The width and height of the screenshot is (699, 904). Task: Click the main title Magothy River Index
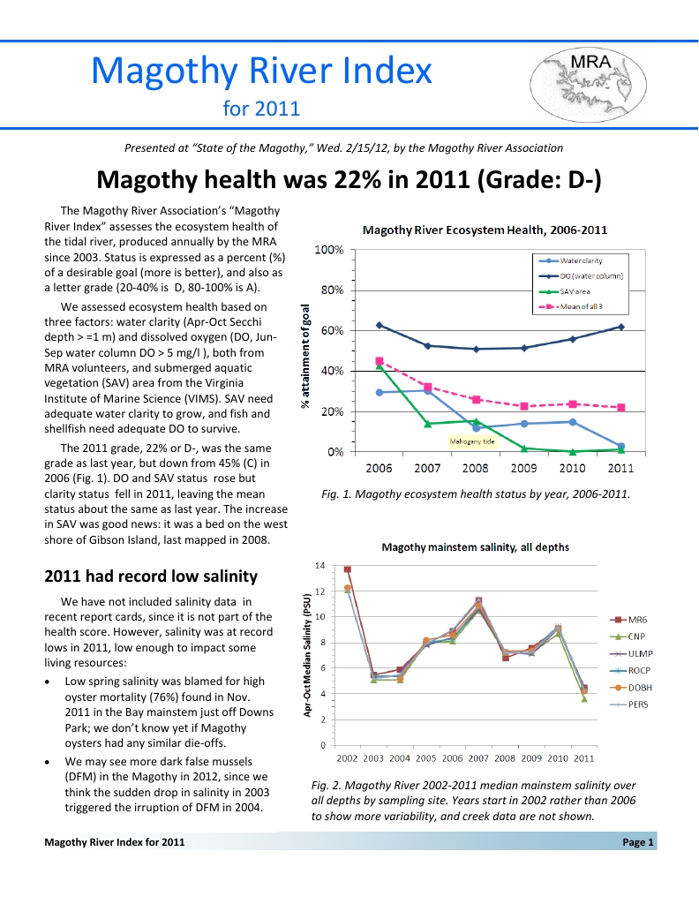coord(261,70)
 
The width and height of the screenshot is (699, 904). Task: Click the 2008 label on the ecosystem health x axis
coord(475,468)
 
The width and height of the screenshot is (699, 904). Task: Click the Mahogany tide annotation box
coord(474,439)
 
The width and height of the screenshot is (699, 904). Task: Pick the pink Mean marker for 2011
coord(621,408)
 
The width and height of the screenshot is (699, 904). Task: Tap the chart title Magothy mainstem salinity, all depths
coord(475,547)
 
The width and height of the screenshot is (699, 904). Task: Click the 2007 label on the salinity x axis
coord(478,758)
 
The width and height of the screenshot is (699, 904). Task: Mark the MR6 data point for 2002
coord(348,569)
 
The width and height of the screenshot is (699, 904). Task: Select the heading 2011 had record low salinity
coord(151,576)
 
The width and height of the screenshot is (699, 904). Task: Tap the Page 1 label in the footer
coord(637,842)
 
